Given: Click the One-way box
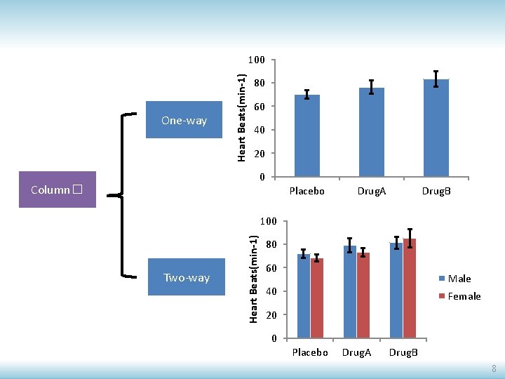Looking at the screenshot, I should pyautogui.click(x=184, y=120).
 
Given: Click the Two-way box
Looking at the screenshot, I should pyautogui.click(x=186, y=277).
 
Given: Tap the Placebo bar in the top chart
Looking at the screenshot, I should pyautogui.click(x=307, y=136).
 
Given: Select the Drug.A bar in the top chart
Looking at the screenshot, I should pyautogui.click(x=372, y=133).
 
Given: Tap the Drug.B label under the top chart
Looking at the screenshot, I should pyautogui.click(x=436, y=191).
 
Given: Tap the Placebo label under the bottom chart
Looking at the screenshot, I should pyautogui.click(x=309, y=352).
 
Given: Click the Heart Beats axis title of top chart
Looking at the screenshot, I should pyautogui.click(x=241, y=117).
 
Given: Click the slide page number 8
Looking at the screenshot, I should pyautogui.click(x=494, y=368).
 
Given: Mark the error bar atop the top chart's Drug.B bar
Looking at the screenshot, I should pyautogui.click(x=436, y=79).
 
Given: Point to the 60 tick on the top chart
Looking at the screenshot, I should pyautogui.click(x=259, y=107).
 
